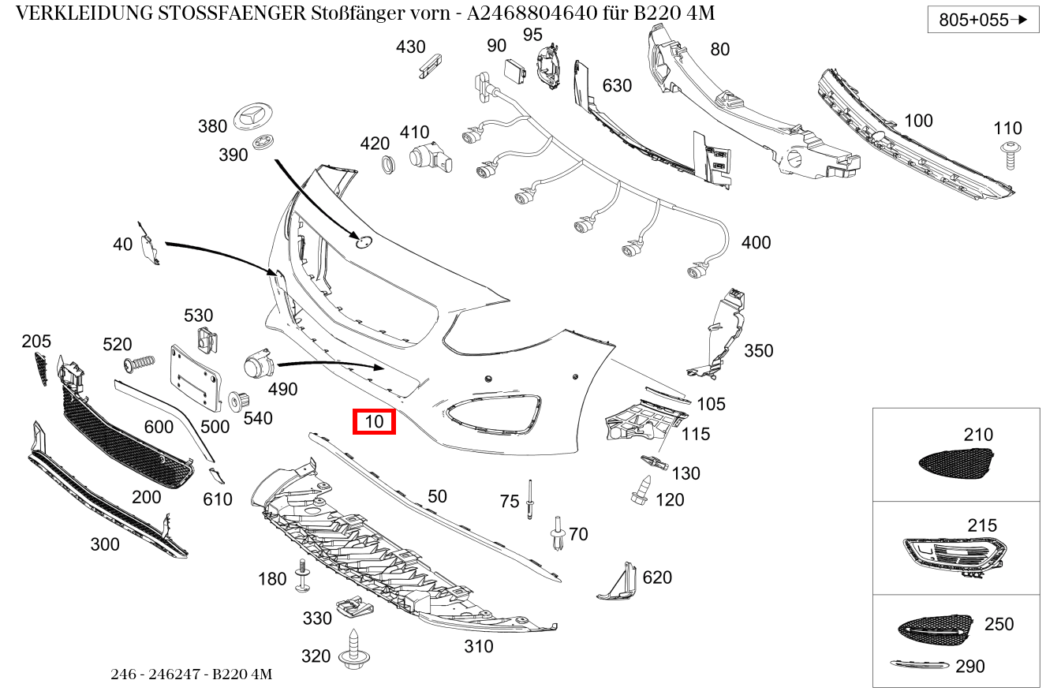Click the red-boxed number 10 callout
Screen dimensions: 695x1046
(x=373, y=422)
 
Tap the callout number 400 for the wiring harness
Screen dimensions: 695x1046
(x=756, y=243)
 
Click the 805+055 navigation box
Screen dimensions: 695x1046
(x=983, y=20)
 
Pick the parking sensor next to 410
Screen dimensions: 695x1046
(x=431, y=158)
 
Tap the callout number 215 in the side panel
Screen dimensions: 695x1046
(x=982, y=525)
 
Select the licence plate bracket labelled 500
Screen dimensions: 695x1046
(x=194, y=376)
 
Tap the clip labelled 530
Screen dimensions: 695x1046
(x=206, y=342)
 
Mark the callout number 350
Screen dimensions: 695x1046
(x=758, y=350)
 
